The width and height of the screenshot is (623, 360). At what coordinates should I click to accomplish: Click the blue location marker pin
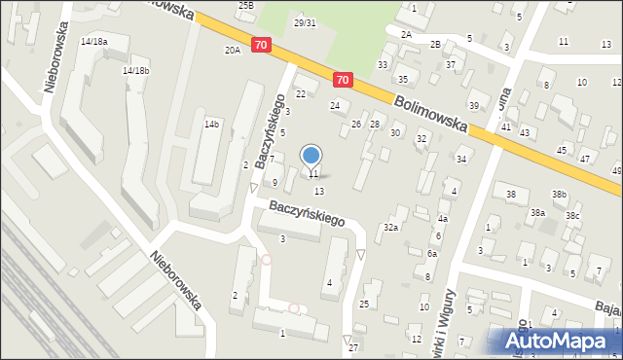click(311, 156)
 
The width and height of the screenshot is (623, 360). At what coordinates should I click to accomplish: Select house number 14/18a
click(93, 42)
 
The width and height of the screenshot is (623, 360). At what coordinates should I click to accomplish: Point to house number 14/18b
click(135, 71)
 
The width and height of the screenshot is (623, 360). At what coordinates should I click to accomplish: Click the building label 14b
click(211, 125)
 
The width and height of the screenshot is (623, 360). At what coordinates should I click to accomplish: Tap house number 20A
click(232, 50)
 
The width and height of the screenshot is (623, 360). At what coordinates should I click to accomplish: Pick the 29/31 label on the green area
click(306, 22)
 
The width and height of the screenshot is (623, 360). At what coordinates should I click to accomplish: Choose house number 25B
click(246, 6)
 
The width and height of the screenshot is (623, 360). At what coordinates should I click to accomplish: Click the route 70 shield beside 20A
click(261, 45)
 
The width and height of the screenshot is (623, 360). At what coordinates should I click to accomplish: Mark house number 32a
click(391, 227)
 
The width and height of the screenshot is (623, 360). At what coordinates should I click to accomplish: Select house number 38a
click(537, 212)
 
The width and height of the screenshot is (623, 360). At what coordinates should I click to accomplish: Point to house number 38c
click(573, 215)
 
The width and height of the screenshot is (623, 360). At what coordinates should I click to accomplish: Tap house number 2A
click(406, 34)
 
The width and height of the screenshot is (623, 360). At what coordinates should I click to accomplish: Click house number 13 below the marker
click(318, 191)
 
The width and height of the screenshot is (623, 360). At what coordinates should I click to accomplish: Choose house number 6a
click(431, 253)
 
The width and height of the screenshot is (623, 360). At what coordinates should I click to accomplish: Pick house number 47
click(584, 158)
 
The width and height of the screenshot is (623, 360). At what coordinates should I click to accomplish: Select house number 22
click(301, 93)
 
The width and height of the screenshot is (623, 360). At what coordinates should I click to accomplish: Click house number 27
click(353, 347)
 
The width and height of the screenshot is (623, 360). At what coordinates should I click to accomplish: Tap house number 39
click(474, 105)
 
